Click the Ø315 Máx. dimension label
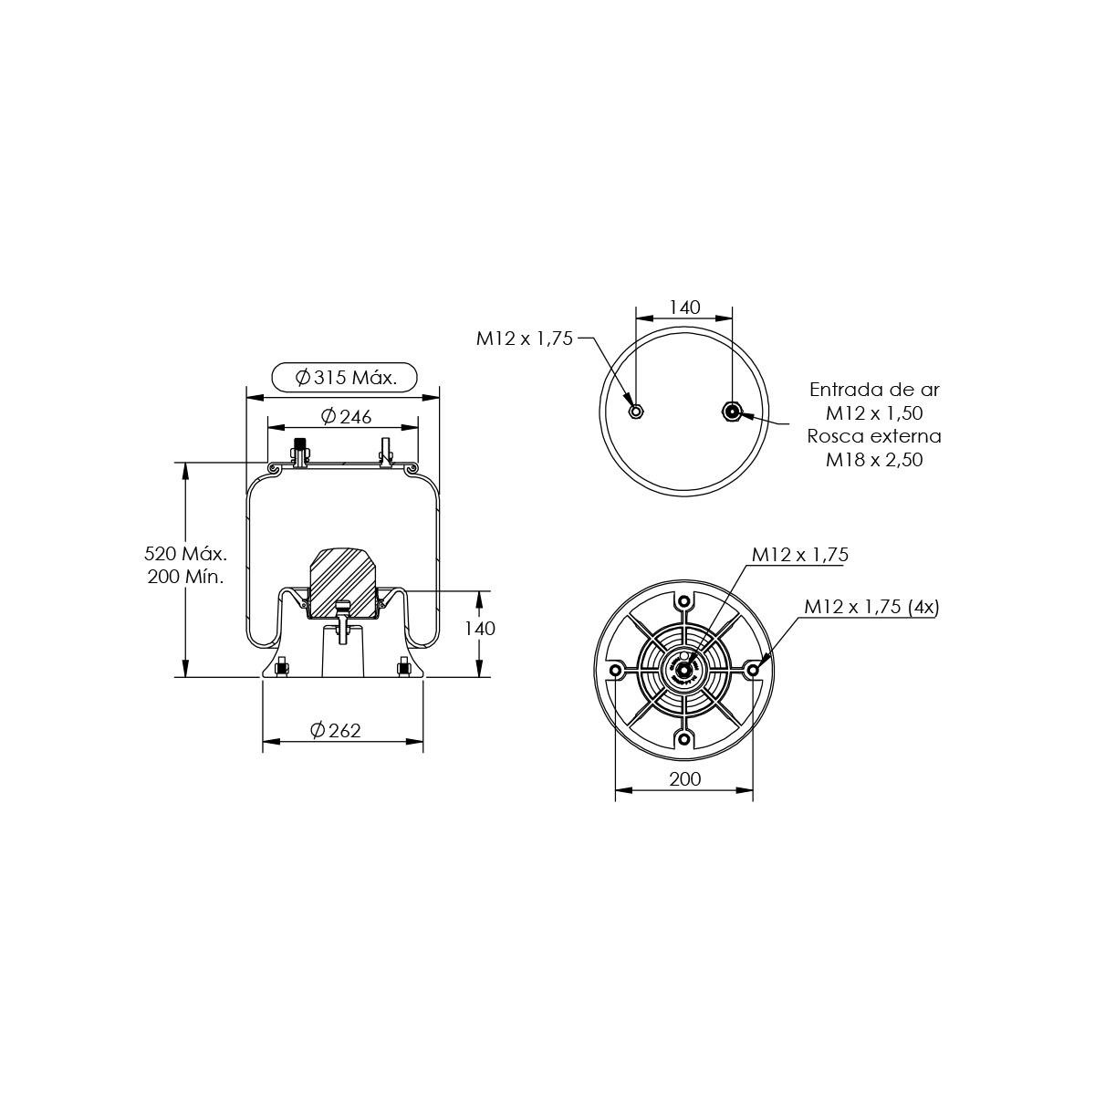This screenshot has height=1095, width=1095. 346,377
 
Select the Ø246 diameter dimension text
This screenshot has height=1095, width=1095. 346,416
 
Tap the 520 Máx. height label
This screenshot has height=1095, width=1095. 185,553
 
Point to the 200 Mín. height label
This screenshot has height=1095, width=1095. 185,577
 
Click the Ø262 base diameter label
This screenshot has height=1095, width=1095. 336,730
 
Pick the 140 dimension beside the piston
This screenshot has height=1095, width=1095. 480,628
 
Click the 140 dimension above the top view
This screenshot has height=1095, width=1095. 684,308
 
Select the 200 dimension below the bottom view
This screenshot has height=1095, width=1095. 684,778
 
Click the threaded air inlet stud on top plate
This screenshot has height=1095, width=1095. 300,453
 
